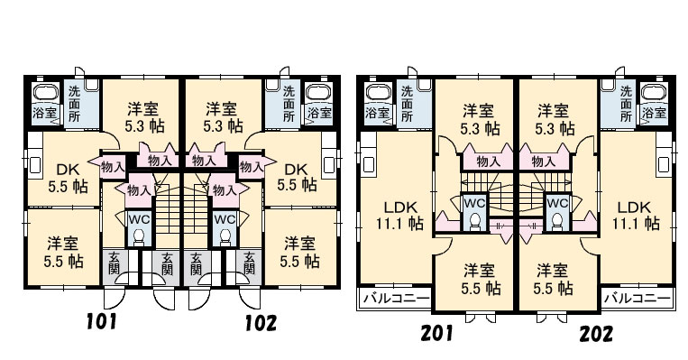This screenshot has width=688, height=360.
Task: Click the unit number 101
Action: click(102, 321)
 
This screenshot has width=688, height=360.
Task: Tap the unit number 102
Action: click(261, 323)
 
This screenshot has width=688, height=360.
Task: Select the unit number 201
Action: click(436, 333)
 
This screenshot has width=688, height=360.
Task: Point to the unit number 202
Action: click(596, 334)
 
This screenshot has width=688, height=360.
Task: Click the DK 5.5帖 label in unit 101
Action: click(68, 179)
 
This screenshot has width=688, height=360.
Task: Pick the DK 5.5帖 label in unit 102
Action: click(297, 177)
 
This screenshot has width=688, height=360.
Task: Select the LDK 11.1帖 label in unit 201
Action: click(399, 215)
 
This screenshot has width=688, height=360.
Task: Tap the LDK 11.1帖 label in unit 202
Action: click(636, 215)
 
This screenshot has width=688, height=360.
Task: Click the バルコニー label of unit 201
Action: click(396, 299)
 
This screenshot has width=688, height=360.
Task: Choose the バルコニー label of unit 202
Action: click(638, 299)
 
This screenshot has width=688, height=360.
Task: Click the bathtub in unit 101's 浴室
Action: click(46, 93)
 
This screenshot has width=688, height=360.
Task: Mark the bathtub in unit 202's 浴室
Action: click(654, 93)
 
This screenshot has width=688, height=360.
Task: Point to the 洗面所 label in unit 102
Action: click(289, 104)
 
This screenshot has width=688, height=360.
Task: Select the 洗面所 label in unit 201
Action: click(408, 104)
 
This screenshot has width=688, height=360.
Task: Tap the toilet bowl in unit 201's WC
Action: click(474, 221)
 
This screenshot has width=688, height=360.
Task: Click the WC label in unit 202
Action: click(557, 203)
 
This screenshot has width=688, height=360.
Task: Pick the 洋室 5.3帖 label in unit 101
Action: click(144, 117)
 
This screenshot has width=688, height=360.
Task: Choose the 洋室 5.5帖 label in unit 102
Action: click(300, 252)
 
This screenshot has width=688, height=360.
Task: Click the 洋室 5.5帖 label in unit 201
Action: click(481, 279)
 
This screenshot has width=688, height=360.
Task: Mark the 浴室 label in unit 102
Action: click(319, 113)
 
